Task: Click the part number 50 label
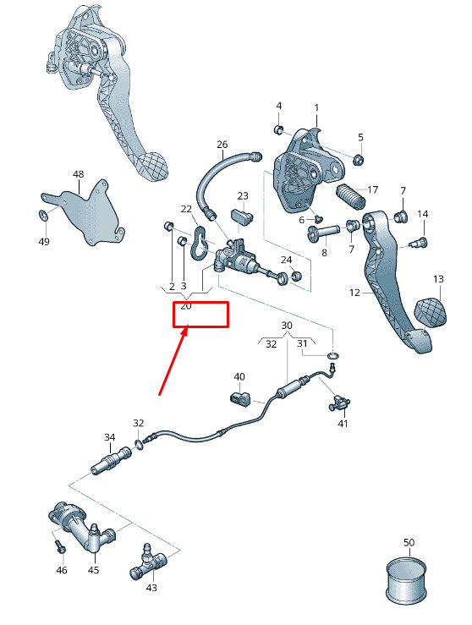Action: click(409, 542)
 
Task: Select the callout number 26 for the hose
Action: click(222, 145)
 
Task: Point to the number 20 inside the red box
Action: click(186, 306)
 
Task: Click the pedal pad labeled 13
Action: click(431, 311)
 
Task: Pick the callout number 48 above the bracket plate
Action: click(79, 174)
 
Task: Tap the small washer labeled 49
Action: click(43, 216)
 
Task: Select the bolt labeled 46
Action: click(60, 546)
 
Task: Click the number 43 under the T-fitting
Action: click(151, 588)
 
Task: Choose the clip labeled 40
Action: click(240, 398)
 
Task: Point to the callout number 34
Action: click(110, 437)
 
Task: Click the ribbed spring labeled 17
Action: click(351, 197)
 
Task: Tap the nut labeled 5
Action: click(359, 160)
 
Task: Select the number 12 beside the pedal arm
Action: click(354, 293)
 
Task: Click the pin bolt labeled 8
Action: click(323, 232)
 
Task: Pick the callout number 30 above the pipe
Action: click(287, 326)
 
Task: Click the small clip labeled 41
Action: click(338, 403)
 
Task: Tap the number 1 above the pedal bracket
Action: click(316, 107)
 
